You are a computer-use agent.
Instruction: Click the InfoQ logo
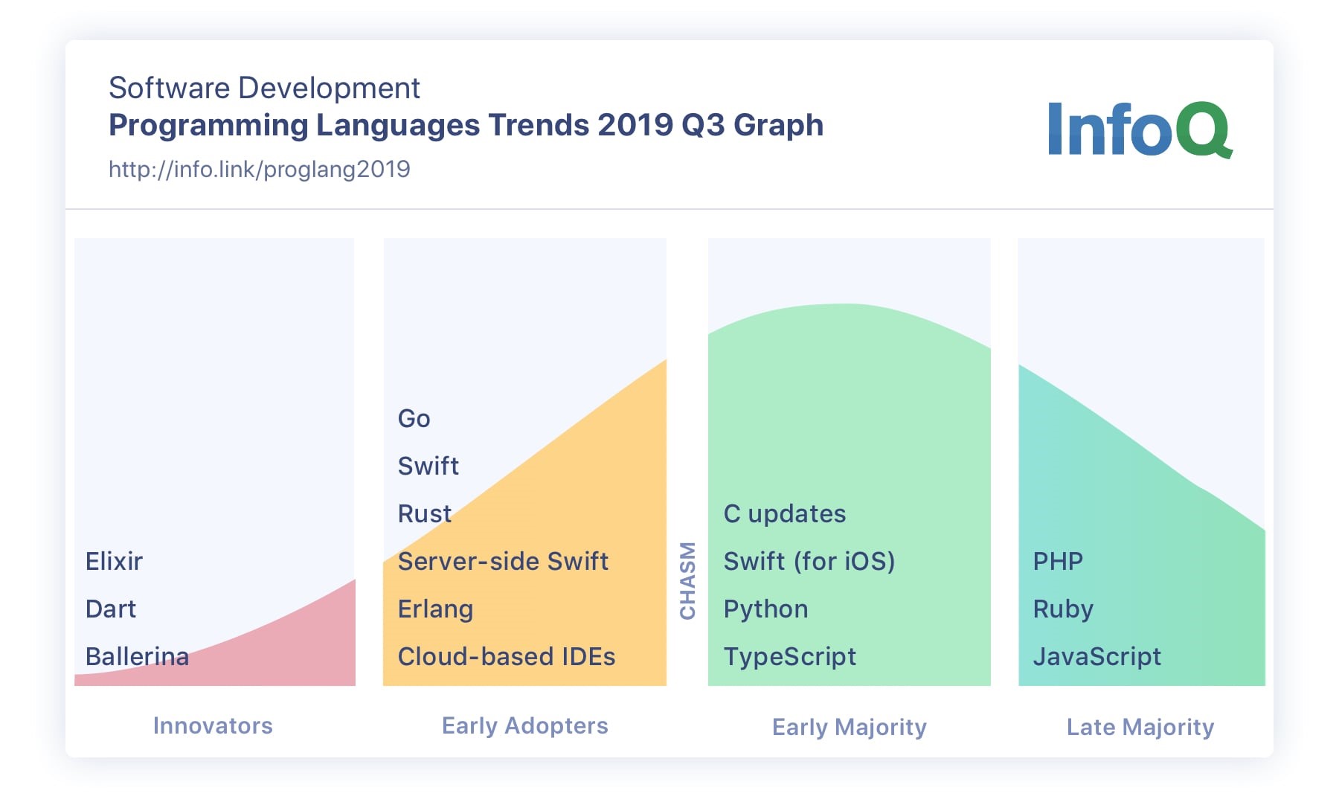1139,129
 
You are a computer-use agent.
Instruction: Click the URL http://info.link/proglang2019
259,170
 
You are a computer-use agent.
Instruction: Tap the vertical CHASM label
688,580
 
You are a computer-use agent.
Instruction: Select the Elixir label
114,561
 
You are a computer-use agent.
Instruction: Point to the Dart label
111,609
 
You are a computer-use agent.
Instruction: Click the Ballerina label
137,656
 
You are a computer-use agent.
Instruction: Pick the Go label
414,418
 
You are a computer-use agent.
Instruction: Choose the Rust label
424,513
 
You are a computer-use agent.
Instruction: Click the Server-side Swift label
503,561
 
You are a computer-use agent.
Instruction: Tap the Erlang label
435,609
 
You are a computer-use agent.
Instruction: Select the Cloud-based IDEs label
506,656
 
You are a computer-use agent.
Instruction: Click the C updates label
784,513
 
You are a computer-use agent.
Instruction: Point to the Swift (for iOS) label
809,561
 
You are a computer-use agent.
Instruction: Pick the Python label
765,609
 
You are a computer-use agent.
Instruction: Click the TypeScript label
789,656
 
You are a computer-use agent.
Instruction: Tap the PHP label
1057,561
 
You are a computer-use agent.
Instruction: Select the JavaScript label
1096,656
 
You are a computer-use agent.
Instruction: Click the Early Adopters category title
524,725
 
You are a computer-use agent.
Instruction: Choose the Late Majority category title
1140,727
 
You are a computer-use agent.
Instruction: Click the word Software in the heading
170,88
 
